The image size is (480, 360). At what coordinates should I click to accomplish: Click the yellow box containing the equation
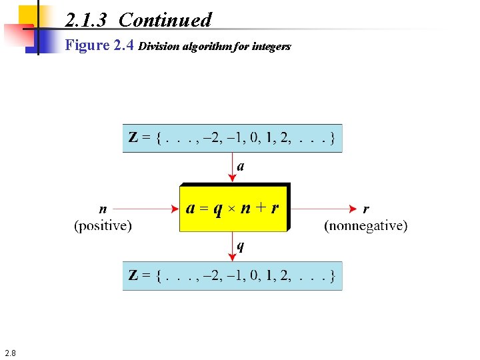click(233, 207)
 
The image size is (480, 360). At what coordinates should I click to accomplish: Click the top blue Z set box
click(232, 139)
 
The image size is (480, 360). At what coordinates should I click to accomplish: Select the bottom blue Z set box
click(232, 275)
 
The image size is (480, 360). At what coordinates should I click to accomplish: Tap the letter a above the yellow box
click(241, 167)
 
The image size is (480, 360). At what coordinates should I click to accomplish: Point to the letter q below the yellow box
click(241, 247)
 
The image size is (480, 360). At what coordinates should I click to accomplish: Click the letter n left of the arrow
click(103, 208)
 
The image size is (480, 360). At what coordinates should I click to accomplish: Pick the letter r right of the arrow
click(366, 208)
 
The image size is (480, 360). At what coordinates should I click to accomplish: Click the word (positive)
click(103, 226)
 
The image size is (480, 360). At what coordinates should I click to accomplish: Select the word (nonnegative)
click(365, 226)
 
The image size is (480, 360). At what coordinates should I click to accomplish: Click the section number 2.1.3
click(86, 20)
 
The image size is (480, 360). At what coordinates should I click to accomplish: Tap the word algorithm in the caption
click(213, 47)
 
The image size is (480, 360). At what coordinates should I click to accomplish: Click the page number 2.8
click(11, 352)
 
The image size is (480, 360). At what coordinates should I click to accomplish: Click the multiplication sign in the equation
click(229, 209)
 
